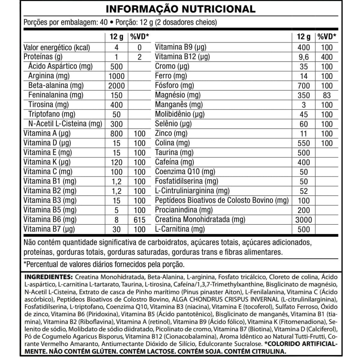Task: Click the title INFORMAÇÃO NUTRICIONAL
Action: [180, 9]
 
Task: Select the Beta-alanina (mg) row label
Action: [56, 85]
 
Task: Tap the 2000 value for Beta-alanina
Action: [116, 86]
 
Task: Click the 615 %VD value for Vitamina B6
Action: [139, 220]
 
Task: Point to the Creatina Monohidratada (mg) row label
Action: [200, 220]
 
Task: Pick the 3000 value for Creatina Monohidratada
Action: [304, 220]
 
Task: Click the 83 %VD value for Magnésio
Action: [327, 95]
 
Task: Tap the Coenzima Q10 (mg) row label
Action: [185, 172]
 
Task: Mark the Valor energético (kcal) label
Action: [57, 47]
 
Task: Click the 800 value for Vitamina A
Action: [116, 134]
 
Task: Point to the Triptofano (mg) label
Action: [52, 114]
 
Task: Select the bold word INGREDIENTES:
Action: [48, 277]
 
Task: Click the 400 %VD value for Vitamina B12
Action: [327, 57]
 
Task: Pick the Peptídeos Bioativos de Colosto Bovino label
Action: [222, 200]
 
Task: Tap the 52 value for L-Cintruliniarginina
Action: [304, 191]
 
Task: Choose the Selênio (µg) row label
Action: [173, 124]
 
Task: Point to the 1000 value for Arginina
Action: [116, 76]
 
